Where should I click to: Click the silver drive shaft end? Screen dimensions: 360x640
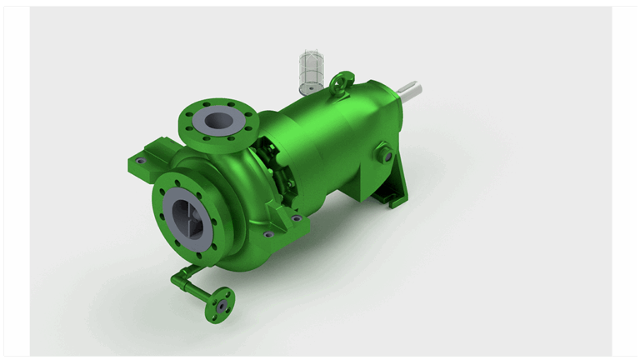(412, 87)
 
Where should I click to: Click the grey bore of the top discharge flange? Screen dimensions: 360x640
(217, 120)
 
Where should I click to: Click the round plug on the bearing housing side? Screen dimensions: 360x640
(384, 155)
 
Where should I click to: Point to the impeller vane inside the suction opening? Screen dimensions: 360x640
(190, 218)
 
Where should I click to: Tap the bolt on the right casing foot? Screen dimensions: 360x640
(297, 218)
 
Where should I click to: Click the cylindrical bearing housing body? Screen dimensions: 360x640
(333, 133)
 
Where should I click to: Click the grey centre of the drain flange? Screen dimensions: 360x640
(221, 305)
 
